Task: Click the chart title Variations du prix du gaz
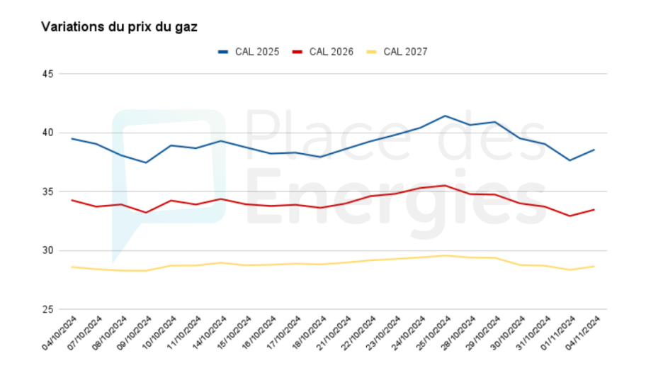point(119,27)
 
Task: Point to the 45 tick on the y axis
point(47,74)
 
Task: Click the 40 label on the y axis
point(47,133)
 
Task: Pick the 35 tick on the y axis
point(47,191)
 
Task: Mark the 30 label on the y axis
point(47,250)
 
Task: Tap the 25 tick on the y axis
point(47,309)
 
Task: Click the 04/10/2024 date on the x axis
point(59,333)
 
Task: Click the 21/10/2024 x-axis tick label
point(333,333)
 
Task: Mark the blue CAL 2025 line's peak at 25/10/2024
point(445,116)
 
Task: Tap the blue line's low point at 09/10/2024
point(146,162)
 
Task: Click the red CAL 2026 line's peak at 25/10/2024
point(445,186)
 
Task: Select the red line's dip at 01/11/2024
point(569,216)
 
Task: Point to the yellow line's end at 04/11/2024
point(594,267)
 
